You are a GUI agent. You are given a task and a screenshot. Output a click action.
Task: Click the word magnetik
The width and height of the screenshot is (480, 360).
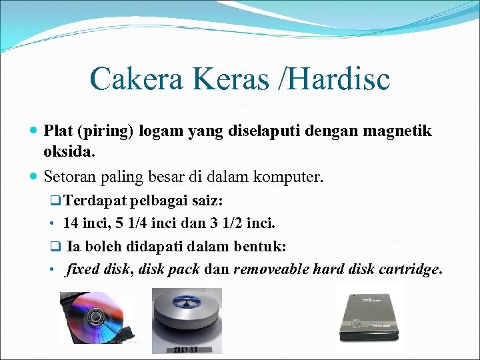[x=397, y=131]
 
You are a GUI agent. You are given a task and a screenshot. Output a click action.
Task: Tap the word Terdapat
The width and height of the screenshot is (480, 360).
[x=97, y=201]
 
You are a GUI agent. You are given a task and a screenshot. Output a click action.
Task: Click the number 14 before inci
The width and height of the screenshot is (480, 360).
[x=71, y=223]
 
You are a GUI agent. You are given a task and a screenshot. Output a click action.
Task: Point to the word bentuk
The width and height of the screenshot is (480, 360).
[x=261, y=247]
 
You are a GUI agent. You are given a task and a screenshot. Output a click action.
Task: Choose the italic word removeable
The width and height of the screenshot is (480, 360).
[x=271, y=270]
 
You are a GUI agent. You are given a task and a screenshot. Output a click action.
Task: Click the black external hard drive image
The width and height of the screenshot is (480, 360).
[x=370, y=318]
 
